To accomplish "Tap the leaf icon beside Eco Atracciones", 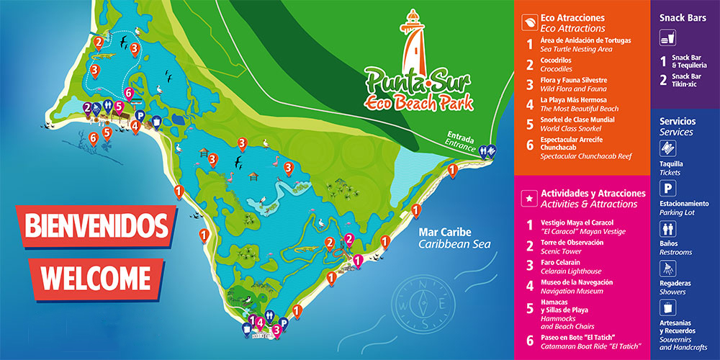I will [528, 22].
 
